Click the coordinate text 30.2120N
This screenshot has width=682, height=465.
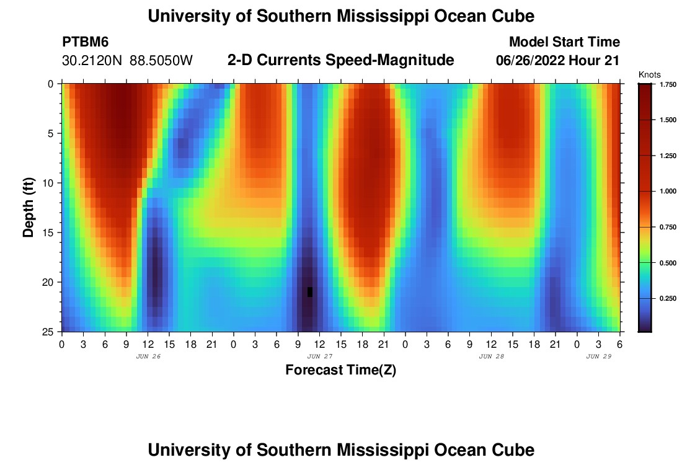pyautogui.click(x=92, y=61)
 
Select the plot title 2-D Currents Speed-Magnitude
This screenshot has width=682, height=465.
pyautogui.click(x=341, y=60)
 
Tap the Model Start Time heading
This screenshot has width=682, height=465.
pyautogui.click(x=564, y=42)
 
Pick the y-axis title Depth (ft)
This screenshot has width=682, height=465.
pyautogui.click(x=28, y=206)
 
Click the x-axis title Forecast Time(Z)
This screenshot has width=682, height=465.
pyautogui.click(x=340, y=370)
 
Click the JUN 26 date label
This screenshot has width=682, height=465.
pyautogui.click(x=148, y=356)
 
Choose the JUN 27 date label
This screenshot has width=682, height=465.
pyautogui.click(x=319, y=356)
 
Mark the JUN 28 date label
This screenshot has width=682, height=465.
pyautogui.click(x=492, y=356)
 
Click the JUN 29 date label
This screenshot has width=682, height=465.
pyautogui.click(x=599, y=356)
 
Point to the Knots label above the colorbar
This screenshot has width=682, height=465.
pyautogui.click(x=650, y=74)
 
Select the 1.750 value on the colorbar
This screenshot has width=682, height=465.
pyautogui.click(x=668, y=84)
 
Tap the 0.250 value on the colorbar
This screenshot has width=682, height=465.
pyautogui.click(x=668, y=298)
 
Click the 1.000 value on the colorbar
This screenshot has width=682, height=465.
pyautogui.click(x=668, y=191)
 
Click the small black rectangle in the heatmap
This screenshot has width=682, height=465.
pyautogui.click(x=310, y=292)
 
